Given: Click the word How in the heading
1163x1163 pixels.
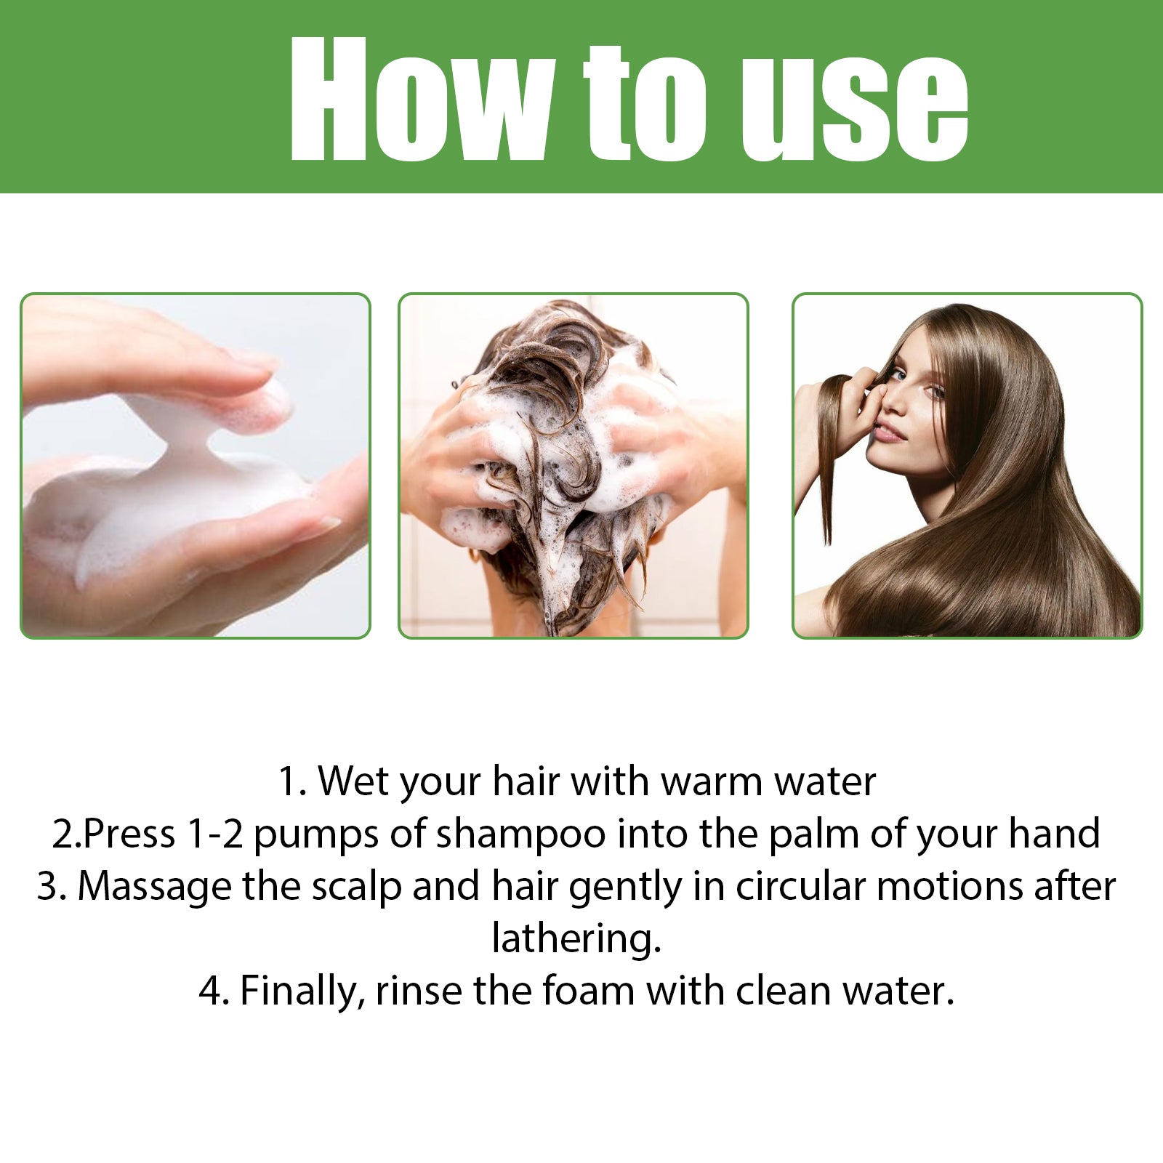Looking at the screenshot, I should click(x=419, y=99).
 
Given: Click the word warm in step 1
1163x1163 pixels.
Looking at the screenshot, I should click(x=712, y=782).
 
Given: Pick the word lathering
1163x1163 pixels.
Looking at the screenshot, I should click(x=576, y=939).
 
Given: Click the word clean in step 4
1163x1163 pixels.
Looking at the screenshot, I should click(x=784, y=991).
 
